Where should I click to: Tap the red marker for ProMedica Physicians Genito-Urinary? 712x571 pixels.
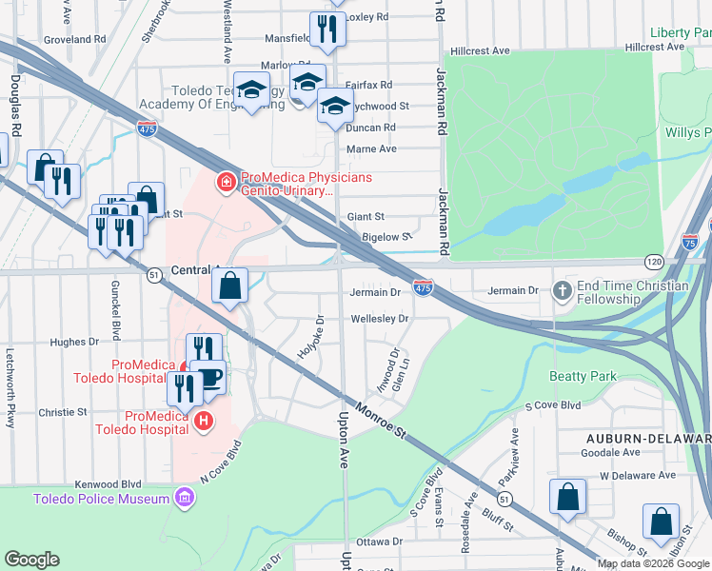pos(226,180)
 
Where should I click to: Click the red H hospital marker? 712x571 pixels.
pos(202,420)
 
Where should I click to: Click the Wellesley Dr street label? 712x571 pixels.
pos(380,319)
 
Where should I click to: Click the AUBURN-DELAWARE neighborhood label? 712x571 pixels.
pos(647,438)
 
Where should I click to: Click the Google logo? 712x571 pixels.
pos(31,560)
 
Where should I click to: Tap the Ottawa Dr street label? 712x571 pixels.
pos(379,541)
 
